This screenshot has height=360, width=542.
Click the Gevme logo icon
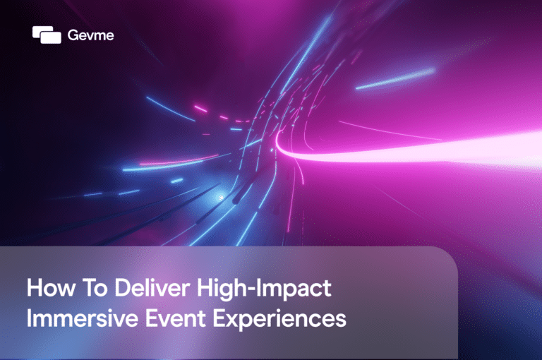pyautogui.click(x=47, y=35)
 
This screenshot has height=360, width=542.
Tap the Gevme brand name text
pyautogui.click(x=90, y=35)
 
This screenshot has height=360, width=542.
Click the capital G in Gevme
pyautogui.click(x=74, y=35)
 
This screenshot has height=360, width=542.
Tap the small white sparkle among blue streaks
pyautogui.click(x=220, y=197)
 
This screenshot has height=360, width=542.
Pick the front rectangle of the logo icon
pyautogui.click(x=51, y=37)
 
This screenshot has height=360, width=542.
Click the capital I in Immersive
pyautogui.click(x=29, y=319)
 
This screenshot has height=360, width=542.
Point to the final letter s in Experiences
pyautogui.click(x=342, y=320)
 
